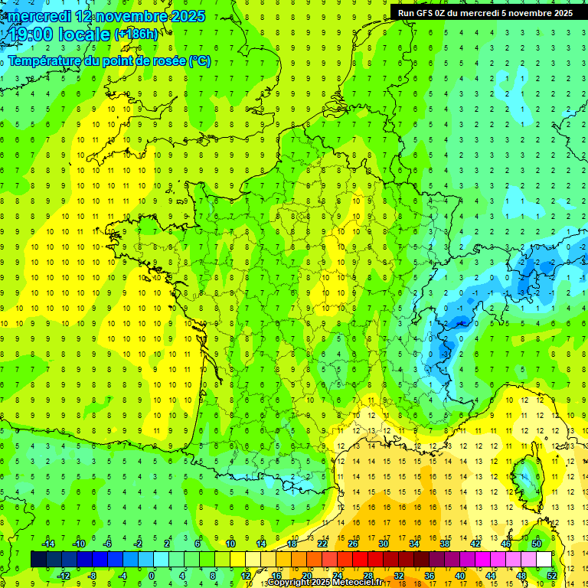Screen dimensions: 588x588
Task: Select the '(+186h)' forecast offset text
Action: (136, 34)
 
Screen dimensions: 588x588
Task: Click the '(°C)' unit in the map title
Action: (199, 61)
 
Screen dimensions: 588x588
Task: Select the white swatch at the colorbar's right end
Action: (544, 560)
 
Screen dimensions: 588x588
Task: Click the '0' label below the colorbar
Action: (152, 576)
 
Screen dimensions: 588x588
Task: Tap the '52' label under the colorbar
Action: (551, 576)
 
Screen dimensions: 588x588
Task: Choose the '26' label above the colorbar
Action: (353, 544)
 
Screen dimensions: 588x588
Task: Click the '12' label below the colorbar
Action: (245, 576)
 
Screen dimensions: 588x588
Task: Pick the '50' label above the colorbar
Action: (536, 544)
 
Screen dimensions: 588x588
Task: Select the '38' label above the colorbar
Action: (445, 544)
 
